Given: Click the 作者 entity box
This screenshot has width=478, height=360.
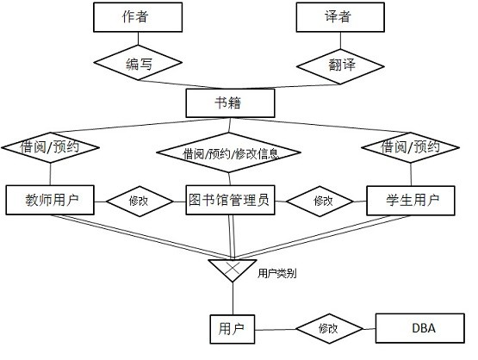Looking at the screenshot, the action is click(x=138, y=17).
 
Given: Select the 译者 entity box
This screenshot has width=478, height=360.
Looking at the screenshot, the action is click(x=340, y=17).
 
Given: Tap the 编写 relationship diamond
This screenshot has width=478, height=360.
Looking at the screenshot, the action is click(x=138, y=63).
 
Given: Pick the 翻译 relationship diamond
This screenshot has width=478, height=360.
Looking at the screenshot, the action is click(x=340, y=66).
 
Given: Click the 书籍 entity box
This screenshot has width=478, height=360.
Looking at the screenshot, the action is click(x=230, y=103).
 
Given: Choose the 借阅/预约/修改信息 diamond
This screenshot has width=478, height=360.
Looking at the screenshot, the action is click(x=229, y=152).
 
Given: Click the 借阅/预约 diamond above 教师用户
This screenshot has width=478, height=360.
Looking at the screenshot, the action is click(x=50, y=147).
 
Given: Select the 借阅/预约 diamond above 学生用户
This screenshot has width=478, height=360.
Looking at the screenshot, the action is click(x=410, y=147).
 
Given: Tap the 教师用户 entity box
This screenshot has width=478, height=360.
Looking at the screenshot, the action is click(x=50, y=201).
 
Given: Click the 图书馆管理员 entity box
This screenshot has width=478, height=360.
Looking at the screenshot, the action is click(x=230, y=201).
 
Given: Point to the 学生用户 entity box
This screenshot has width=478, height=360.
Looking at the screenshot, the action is click(x=411, y=201).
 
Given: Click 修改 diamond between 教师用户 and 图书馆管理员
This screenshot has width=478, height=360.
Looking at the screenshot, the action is click(x=140, y=202).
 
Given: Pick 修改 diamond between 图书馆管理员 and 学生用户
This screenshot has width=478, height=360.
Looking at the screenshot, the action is click(x=320, y=202).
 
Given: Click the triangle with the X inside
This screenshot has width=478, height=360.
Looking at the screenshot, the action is click(x=233, y=268).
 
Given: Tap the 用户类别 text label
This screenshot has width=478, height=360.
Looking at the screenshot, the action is click(x=276, y=273).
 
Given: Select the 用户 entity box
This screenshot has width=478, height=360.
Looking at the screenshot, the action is click(x=233, y=329).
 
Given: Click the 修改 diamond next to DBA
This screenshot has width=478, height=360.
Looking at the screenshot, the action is click(x=330, y=329).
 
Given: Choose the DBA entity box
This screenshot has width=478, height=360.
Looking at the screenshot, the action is click(x=420, y=328).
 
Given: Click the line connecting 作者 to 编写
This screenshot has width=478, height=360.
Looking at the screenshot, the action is click(x=138, y=39).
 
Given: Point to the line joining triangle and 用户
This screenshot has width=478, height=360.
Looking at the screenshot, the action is click(x=233, y=299).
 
